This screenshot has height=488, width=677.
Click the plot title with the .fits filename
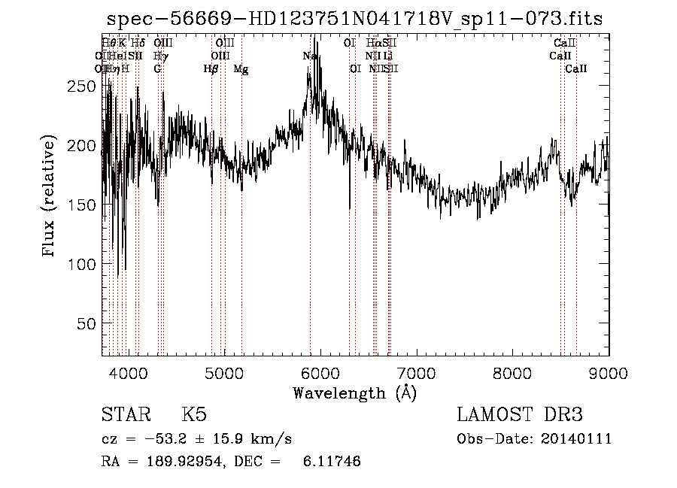354,19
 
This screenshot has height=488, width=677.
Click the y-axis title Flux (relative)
50,196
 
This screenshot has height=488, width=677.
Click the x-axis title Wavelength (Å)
354,392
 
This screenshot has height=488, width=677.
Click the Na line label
309,56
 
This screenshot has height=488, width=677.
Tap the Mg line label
241,69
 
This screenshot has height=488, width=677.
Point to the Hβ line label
211,69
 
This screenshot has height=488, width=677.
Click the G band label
157,69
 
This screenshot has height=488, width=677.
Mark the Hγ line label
159,56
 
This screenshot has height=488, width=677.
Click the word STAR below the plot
121,415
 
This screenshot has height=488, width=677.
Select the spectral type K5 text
194,415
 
